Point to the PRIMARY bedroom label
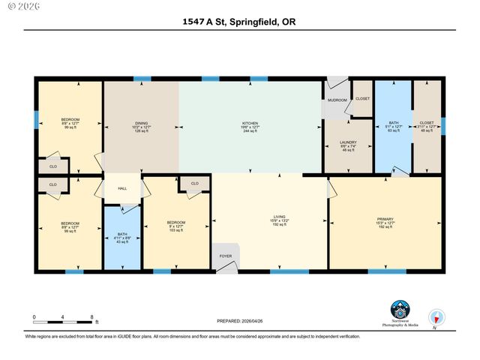coord(385,220)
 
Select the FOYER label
coord(226,255)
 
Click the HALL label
coord(122,189)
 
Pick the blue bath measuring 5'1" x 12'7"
coord(393,126)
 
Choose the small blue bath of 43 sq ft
coord(122,237)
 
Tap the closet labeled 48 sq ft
coord(427,126)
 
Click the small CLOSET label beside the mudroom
coord(362,98)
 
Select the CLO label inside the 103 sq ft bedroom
coord(194,183)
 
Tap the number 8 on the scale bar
coord(91,317)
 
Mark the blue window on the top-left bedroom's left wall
coord(35,119)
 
